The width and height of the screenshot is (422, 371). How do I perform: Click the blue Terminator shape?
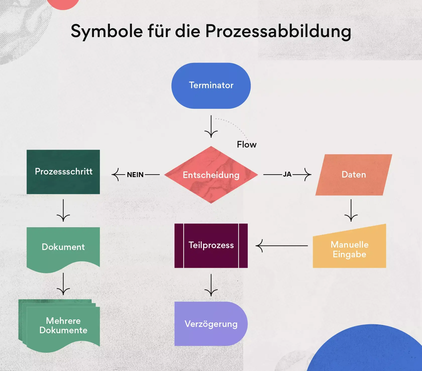211,86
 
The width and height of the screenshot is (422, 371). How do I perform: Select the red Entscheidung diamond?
211,175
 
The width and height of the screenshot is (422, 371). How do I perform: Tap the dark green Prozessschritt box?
63,172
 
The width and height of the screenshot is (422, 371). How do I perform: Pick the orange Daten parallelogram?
354,175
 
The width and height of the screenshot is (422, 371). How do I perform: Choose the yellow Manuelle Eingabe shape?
349,249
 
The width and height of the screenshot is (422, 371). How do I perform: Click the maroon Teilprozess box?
211,245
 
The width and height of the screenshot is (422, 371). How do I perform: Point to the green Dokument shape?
63,247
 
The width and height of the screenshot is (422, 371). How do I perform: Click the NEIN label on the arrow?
135,175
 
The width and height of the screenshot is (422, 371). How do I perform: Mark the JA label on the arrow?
287,174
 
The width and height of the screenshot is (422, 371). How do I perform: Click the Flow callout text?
247,145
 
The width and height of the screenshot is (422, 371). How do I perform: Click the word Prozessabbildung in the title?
278,32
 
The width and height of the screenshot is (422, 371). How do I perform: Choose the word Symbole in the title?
107,31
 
